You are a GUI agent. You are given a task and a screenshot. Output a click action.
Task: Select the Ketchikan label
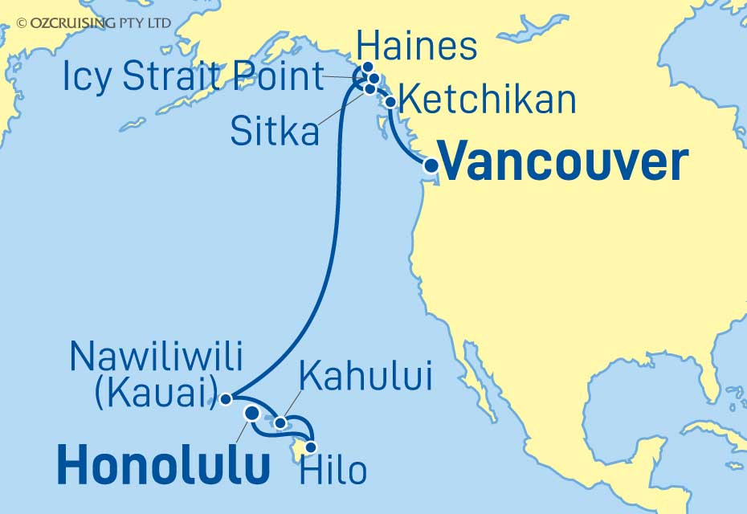(488, 100)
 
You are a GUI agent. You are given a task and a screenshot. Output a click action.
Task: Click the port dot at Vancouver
(431, 165)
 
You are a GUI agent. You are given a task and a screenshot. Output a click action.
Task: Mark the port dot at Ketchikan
(390, 102)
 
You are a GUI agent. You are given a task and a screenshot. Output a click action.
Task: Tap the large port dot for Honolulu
(251, 414)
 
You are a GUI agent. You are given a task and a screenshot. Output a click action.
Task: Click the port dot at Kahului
(280, 422)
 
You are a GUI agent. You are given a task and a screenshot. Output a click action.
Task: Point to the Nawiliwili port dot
(227, 398)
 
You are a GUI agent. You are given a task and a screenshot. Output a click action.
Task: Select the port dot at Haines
(368, 67)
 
